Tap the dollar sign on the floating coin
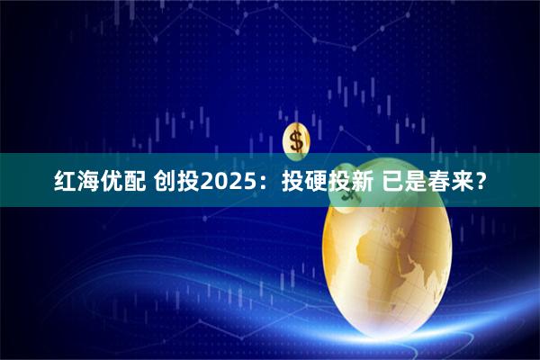pos(295,139)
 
